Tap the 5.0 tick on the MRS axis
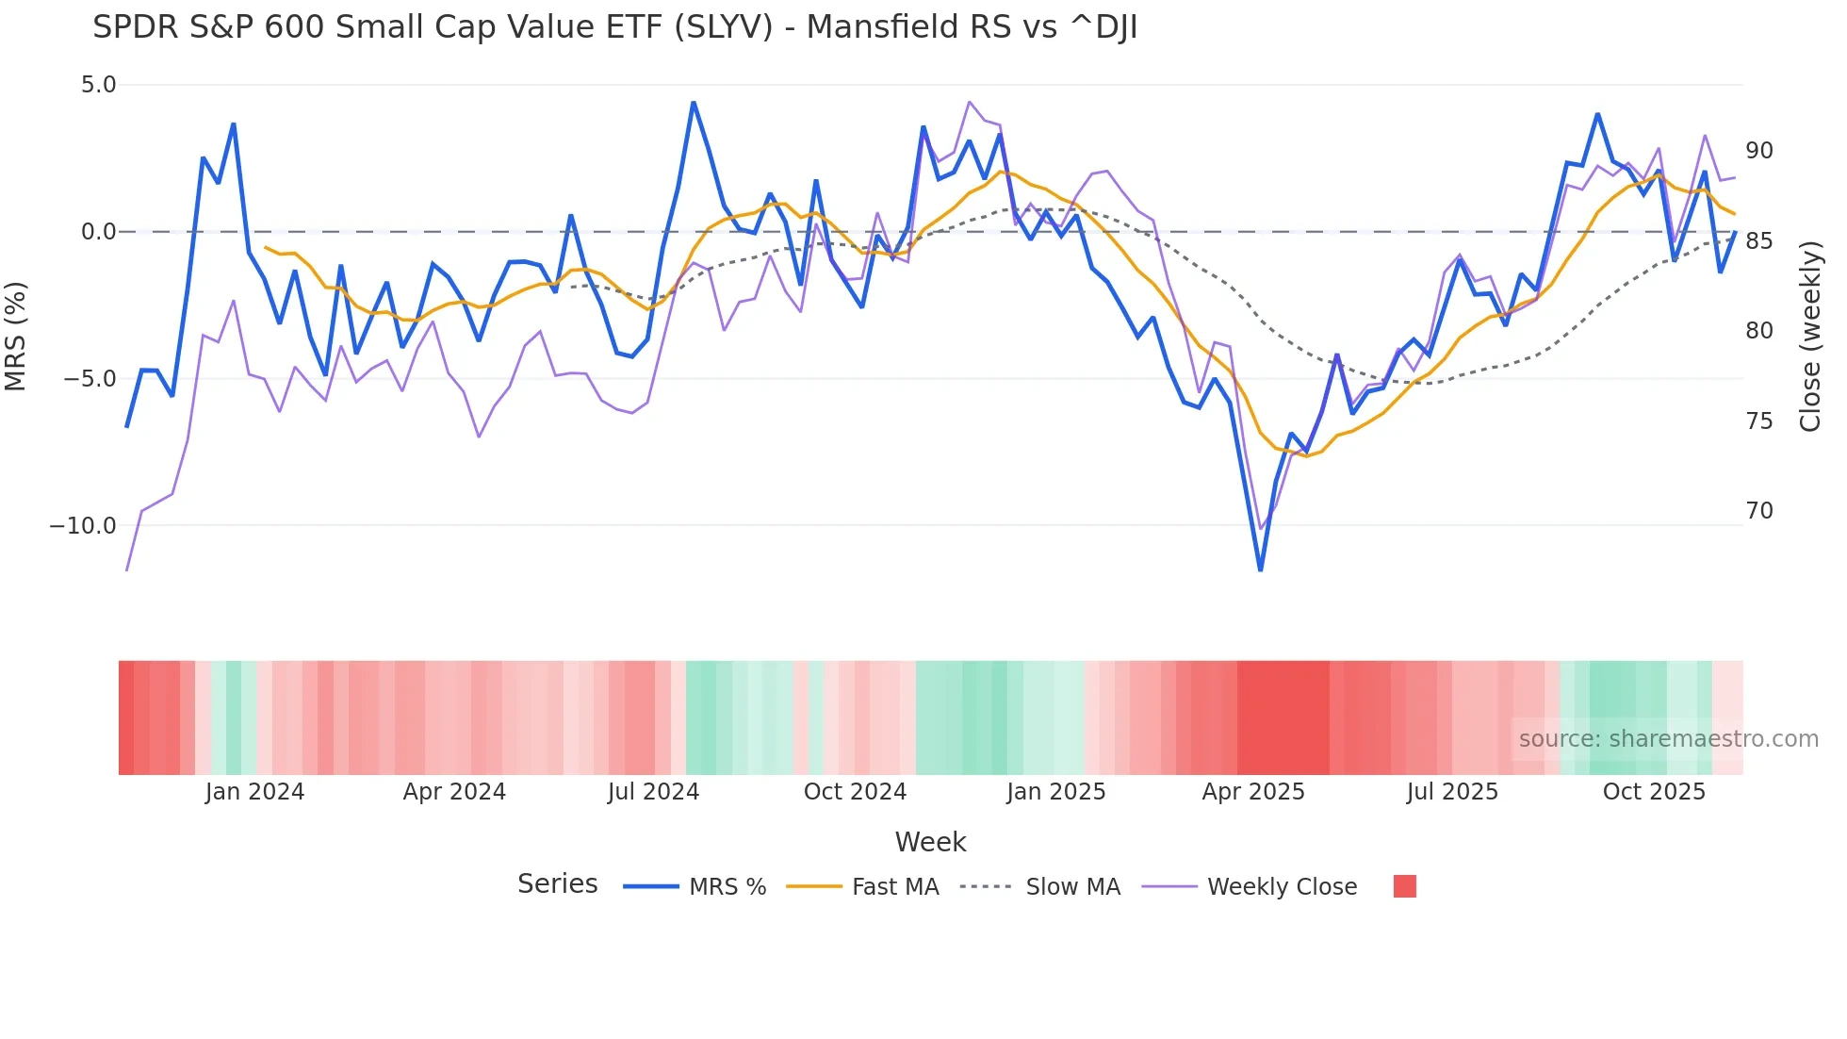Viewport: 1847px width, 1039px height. pos(98,85)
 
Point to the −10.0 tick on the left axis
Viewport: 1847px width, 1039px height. pos(83,526)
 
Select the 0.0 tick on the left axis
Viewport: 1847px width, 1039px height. pos(98,232)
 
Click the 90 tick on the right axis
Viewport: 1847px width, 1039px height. pos(1758,151)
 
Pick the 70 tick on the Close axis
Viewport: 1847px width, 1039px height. pos(1758,511)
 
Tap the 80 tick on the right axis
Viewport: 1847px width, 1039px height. pos(1758,331)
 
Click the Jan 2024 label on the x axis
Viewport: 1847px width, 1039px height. pos(254,792)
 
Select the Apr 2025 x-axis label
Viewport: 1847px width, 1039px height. pos(1253,792)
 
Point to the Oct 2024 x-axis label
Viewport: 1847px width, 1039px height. pos(855,792)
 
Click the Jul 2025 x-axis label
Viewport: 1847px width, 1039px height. pos(1452,792)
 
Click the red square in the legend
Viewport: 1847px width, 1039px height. pos(1404,886)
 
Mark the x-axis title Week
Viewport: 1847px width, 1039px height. pos(930,842)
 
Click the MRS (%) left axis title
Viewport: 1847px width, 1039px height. pos(16,336)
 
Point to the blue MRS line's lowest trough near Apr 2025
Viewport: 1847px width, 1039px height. pos(1260,569)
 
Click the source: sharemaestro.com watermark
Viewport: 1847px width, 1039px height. pos(1668,739)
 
